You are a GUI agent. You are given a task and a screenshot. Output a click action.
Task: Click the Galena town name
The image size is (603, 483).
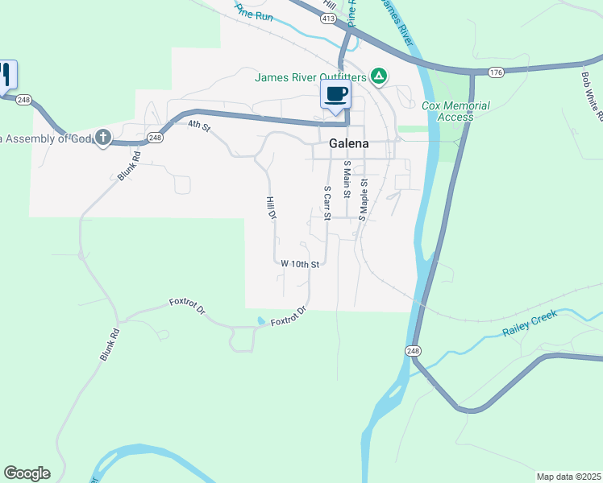click(349, 143)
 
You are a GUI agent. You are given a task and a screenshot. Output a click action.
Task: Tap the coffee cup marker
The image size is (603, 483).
click(336, 95)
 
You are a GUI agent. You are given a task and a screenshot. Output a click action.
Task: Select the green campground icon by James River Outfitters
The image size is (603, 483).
click(379, 77)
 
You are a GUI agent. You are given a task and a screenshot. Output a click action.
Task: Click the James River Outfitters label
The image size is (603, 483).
click(310, 77)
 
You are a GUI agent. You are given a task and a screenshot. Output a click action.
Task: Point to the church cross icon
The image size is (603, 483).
click(102, 138)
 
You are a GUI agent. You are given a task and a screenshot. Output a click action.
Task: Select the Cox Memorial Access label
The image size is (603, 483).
click(455, 111)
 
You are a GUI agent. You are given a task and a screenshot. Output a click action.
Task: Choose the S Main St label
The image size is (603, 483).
click(347, 179)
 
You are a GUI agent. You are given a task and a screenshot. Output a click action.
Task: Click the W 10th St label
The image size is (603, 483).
click(301, 263)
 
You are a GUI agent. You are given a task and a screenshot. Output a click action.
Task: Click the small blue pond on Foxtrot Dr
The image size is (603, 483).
click(260, 320)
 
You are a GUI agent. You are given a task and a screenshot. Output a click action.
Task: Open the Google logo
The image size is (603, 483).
click(27, 473)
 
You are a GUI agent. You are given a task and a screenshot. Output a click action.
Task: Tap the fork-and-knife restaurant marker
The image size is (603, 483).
click(5, 75)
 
